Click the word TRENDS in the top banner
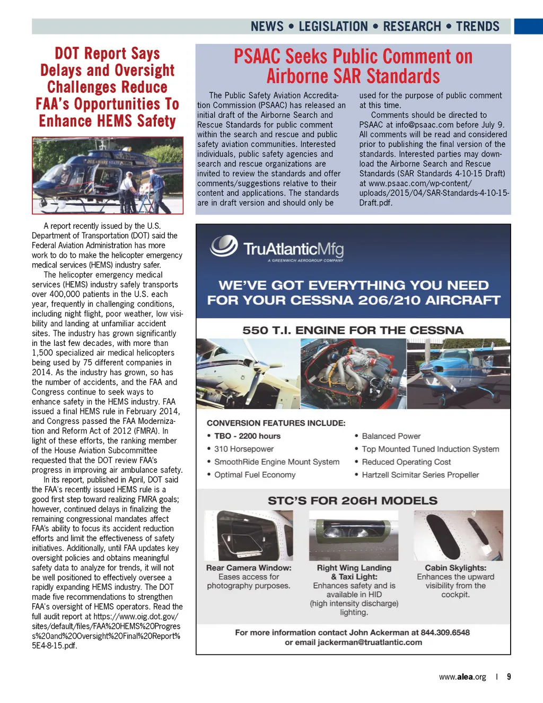tap(477, 27)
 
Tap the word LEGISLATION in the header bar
tap(333, 27)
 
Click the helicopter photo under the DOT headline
tap(108, 176)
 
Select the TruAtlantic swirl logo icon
tap(224, 246)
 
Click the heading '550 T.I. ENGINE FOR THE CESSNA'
tap(353, 330)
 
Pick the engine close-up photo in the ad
tap(353, 374)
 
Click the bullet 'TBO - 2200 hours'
tap(247, 436)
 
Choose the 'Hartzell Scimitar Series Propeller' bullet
tap(420, 475)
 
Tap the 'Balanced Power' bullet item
tap(391, 436)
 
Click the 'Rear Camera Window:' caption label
tap(249, 568)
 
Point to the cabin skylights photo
tap(458, 535)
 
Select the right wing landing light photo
tap(354, 535)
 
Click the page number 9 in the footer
tap(509, 676)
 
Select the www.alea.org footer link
tap(462, 677)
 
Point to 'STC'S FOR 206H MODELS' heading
tap(353, 501)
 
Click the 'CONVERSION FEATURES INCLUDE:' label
tap(276, 423)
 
